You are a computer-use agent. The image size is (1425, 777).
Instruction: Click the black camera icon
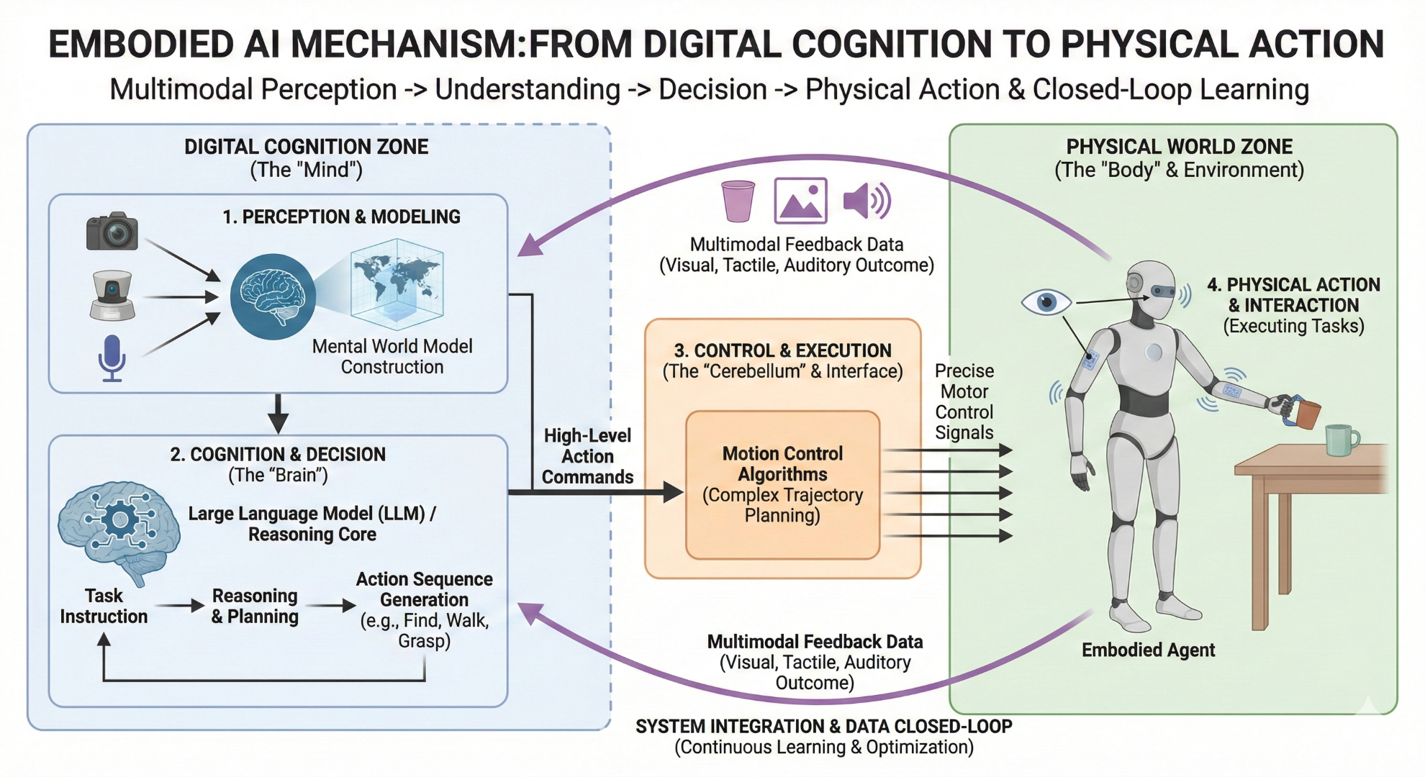click(112, 232)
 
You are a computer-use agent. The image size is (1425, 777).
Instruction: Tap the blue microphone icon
click(112, 358)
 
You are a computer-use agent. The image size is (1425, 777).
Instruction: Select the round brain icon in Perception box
click(273, 296)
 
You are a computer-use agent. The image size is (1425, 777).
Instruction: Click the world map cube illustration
click(397, 280)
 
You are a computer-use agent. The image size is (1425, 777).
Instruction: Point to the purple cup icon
click(738, 201)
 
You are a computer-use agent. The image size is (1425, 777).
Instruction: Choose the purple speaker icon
click(867, 200)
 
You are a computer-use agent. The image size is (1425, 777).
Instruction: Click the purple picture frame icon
click(800, 201)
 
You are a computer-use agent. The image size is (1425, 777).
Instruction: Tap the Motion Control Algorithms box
click(782, 484)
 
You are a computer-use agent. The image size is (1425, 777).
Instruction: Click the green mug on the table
click(1340, 440)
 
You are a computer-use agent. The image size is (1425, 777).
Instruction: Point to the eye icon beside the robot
click(1046, 302)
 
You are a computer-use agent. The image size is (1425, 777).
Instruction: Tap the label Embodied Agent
click(1148, 650)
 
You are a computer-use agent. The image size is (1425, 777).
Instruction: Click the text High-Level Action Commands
click(587, 456)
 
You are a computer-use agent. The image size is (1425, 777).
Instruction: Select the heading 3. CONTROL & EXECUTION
click(782, 350)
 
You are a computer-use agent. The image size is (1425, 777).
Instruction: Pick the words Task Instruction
click(104, 606)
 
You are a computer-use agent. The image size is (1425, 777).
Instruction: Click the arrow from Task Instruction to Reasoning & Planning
click(180, 606)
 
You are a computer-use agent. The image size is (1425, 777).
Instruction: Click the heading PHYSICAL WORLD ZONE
click(1179, 147)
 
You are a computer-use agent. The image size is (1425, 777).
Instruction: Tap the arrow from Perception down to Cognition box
click(278, 414)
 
